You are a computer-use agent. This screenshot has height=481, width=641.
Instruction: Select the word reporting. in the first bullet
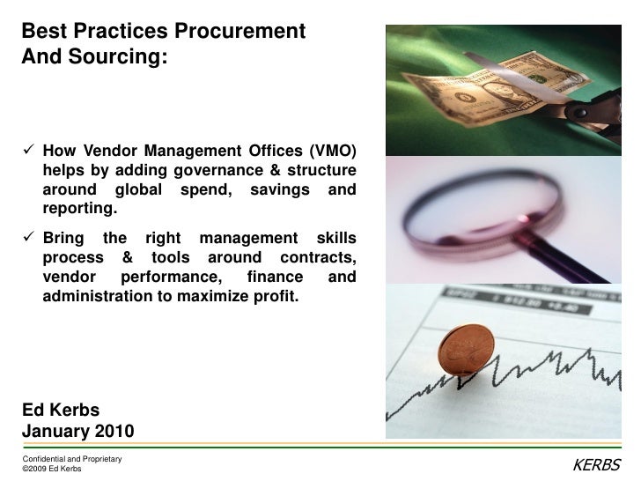[x=78, y=210]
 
